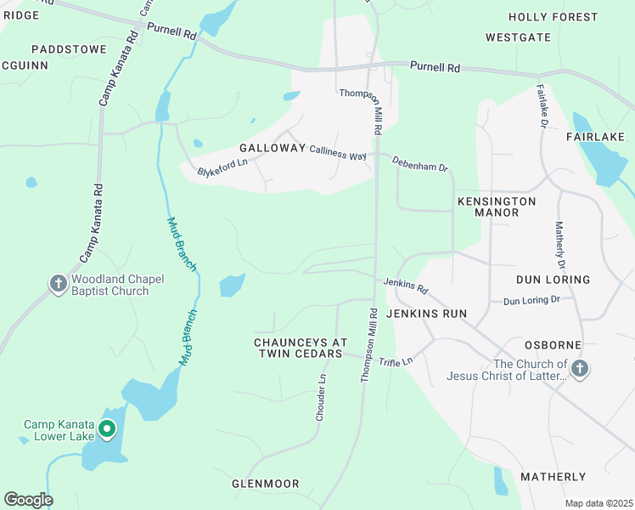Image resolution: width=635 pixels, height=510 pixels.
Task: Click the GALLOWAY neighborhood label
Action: point(272,148)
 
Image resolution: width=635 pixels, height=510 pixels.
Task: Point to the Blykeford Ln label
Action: point(222,167)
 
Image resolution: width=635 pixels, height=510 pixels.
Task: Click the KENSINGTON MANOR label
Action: point(497,207)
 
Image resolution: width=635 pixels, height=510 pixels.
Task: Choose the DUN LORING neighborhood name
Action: point(553,280)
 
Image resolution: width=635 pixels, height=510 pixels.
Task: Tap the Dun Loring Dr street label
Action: point(531,300)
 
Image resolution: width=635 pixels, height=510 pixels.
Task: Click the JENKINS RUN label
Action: point(426,314)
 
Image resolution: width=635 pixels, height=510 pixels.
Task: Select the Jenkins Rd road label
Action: point(406,286)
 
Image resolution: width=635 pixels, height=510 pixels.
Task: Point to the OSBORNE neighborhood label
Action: point(553,345)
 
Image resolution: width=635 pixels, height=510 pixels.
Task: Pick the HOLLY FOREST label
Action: point(553,17)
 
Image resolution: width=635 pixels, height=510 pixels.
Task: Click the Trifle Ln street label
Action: point(395,361)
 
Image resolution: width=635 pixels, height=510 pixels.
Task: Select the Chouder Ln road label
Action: point(322,398)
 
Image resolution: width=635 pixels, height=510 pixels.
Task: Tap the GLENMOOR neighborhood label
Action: point(266,484)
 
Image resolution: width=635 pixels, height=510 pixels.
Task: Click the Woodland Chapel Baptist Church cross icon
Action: point(59,284)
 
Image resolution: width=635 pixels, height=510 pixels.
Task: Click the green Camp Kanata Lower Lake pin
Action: point(107,430)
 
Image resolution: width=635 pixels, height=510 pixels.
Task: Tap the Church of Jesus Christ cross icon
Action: point(579,369)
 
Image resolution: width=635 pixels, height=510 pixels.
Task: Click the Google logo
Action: point(28,500)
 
